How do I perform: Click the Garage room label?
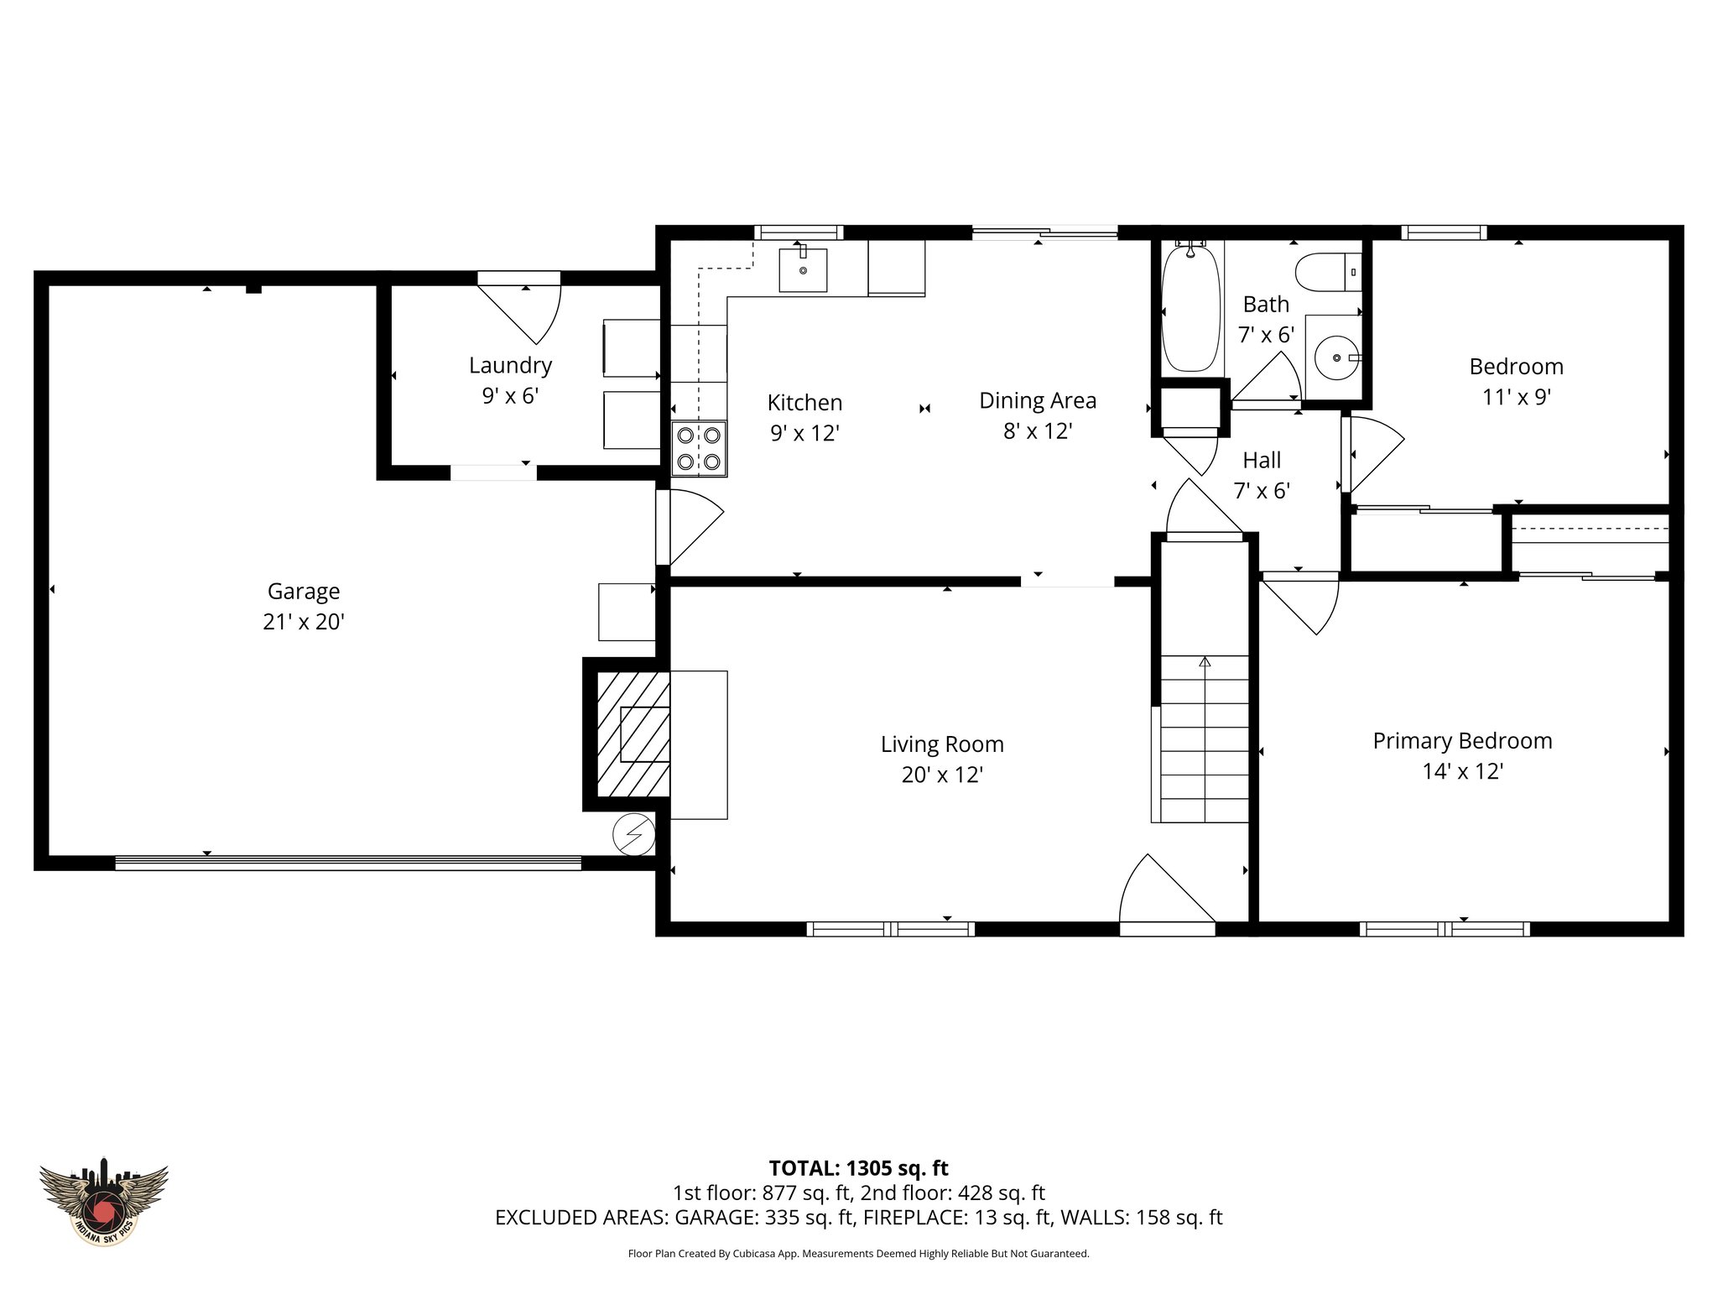(x=304, y=592)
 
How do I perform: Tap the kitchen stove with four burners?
(x=699, y=448)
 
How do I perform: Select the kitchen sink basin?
(x=803, y=269)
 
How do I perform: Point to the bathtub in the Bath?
(x=1190, y=309)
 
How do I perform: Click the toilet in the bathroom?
(x=1328, y=273)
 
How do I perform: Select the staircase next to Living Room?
(x=1205, y=738)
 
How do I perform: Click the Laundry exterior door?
(x=520, y=309)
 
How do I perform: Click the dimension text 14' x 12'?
(x=1462, y=771)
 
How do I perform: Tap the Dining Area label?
(x=1038, y=401)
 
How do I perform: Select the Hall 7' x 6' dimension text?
(x=1261, y=491)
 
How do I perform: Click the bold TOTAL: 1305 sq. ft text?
(x=858, y=1167)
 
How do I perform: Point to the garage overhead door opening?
(x=347, y=863)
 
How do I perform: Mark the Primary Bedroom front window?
(x=1444, y=929)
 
